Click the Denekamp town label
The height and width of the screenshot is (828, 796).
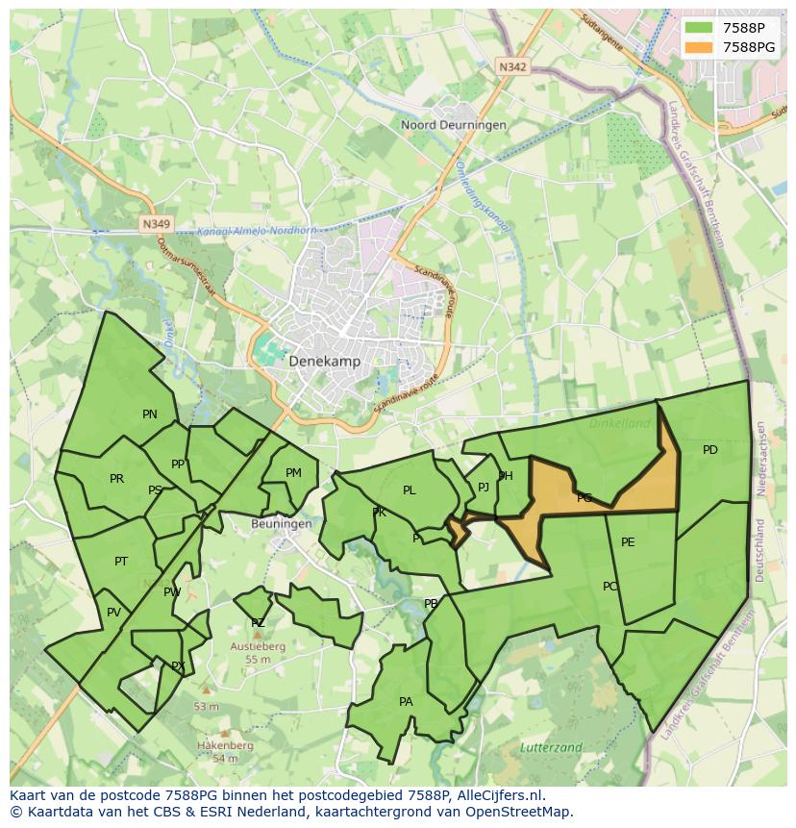click(x=324, y=362)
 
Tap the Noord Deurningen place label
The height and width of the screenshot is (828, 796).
click(x=440, y=125)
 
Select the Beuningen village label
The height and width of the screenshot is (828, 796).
click(x=281, y=524)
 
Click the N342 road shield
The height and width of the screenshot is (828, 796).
click(x=513, y=66)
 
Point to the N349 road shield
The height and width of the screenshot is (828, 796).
click(x=155, y=224)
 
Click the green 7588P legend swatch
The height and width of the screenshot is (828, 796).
click(x=700, y=28)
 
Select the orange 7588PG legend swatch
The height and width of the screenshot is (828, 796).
click(x=700, y=47)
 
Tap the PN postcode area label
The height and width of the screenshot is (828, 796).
click(x=150, y=414)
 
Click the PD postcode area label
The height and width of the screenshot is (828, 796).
click(x=709, y=449)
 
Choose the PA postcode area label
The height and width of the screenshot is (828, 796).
click(x=406, y=702)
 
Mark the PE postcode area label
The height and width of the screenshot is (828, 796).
click(x=628, y=542)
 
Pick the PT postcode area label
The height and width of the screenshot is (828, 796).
click(x=121, y=562)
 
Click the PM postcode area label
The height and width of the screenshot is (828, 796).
click(x=293, y=472)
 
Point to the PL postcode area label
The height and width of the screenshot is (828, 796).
click(x=410, y=490)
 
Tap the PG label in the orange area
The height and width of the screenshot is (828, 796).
click(x=585, y=498)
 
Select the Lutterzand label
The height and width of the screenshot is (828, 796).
click(x=550, y=746)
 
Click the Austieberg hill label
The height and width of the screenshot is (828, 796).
click(x=258, y=647)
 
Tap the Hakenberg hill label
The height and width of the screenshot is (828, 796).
click(x=225, y=745)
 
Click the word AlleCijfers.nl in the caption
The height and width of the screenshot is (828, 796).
click(x=500, y=795)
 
